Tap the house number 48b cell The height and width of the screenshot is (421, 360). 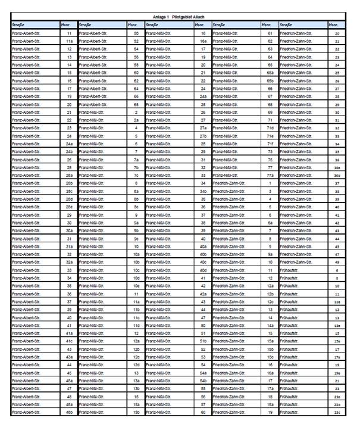(70, 412)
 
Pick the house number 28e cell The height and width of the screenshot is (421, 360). (70, 207)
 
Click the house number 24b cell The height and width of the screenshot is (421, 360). (70, 152)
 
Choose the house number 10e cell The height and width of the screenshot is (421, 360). (136, 286)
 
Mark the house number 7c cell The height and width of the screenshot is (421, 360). (136, 176)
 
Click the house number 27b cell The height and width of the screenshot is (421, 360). (204, 136)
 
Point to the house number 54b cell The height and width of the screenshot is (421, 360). (204, 381)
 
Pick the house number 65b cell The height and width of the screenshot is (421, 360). (270, 80)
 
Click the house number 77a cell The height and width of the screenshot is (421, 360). (270, 176)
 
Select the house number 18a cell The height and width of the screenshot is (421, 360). (270, 404)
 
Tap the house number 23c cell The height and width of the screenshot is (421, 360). (337, 412)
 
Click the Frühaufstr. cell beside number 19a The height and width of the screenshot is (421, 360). (302, 373)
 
